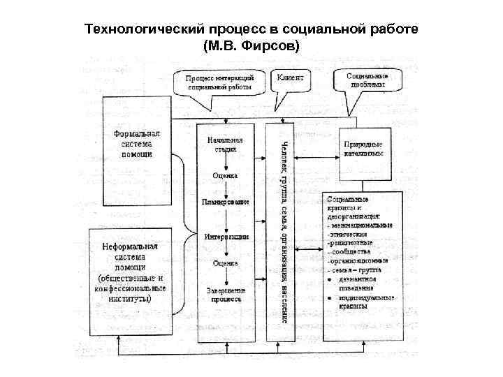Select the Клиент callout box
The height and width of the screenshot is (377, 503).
[x=290, y=79]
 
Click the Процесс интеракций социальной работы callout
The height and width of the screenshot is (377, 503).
[x=220, y=82]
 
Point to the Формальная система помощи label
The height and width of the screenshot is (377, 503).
[x=137, y=144]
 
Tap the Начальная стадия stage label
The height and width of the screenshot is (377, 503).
[x=225, y=145]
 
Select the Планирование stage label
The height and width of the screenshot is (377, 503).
[x=226, y=202]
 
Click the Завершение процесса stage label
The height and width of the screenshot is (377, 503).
[x=226, y=294]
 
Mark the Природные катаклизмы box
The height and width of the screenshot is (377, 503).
[x=363, y=149]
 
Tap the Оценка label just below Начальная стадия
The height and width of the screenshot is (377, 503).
[x=226, y=176]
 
